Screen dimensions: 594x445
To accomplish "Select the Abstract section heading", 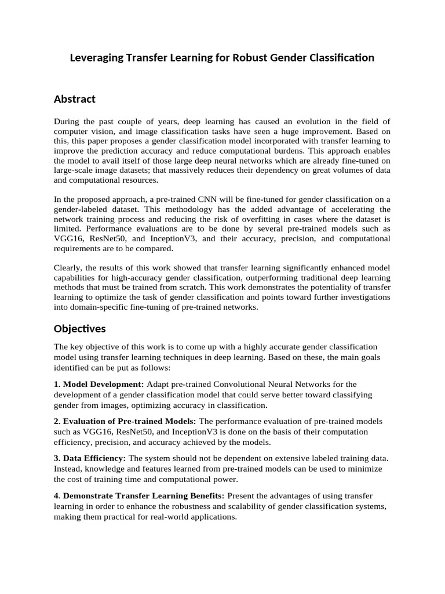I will click(x=75, y=99).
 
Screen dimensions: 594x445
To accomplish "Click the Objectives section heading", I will click(x=80, y=329).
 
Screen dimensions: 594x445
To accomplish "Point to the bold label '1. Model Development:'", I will click(x=99, y=384).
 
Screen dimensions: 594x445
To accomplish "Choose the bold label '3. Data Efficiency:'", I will click(x=90, y=458).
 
